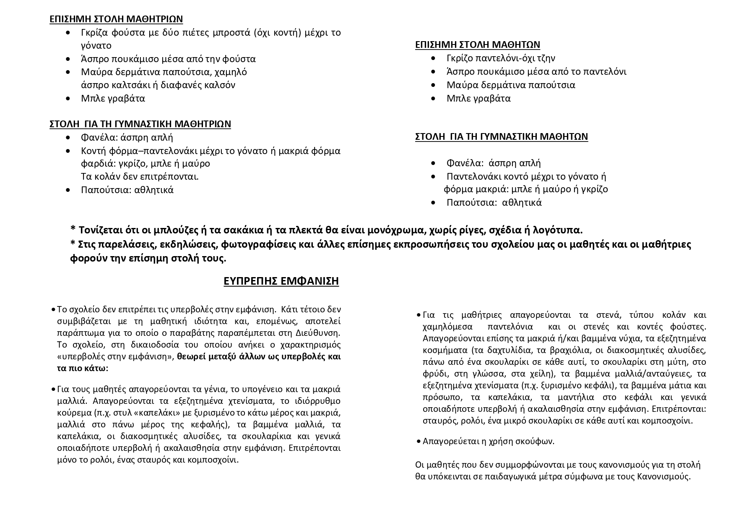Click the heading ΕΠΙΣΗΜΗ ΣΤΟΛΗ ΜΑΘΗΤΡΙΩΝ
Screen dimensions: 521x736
[x=116, y=19]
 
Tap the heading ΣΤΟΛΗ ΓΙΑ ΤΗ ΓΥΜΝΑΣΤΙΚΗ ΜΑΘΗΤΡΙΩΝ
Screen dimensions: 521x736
[x=140, y=124]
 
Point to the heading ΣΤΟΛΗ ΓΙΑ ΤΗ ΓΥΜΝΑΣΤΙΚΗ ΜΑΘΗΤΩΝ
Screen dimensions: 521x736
[x=501, y=136]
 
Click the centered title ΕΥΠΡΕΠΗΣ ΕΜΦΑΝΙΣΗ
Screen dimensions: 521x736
[x=281, y=281]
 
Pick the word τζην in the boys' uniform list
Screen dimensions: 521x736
[x=546, y=58]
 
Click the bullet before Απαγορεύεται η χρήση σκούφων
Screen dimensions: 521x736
[x=419, y=441]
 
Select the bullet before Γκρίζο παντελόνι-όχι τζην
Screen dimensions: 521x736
[x=433, y=58]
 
